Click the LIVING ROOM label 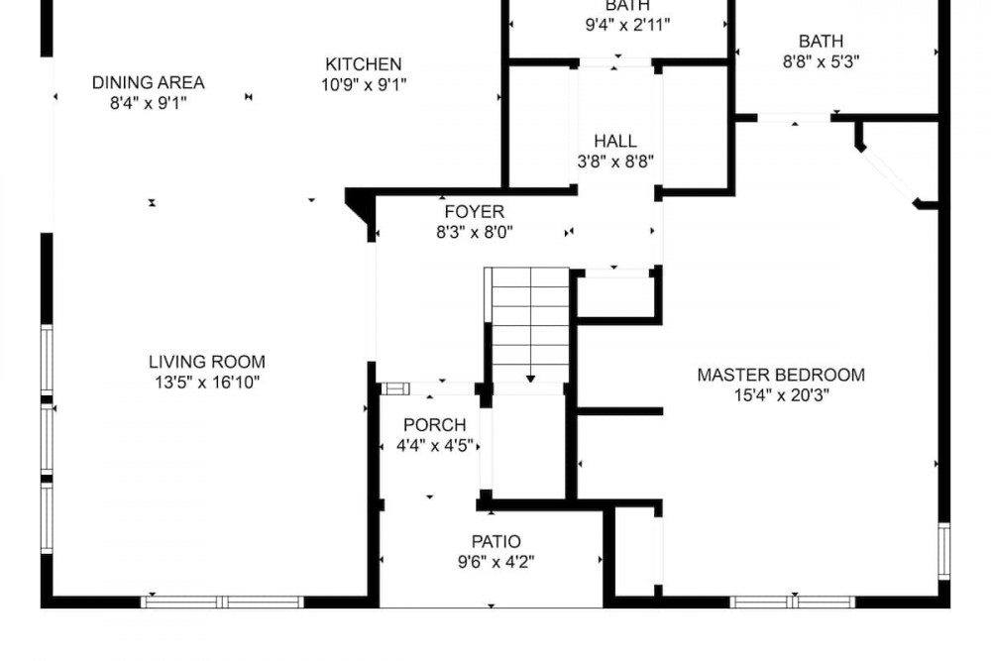207,362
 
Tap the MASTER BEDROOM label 781,375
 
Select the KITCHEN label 364,63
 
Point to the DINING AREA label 149,82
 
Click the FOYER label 475,212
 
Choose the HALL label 615,141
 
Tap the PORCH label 435,425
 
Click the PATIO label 496,541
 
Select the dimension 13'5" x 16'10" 207,383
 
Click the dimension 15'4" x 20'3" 782,395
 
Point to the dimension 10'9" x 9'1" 364,84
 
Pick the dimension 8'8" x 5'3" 821,61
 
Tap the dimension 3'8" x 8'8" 615,162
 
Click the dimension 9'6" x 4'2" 496,562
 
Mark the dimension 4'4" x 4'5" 435,446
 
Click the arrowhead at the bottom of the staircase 530,379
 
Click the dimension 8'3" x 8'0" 475,233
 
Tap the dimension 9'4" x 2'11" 627,25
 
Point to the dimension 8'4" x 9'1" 149,103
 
